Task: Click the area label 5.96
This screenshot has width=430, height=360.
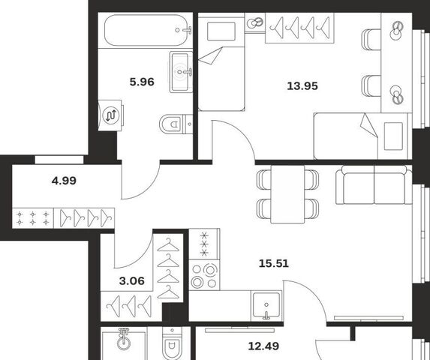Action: tap(142, 82)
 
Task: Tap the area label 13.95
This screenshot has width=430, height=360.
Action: tap(302, 86)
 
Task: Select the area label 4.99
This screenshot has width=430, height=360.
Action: tap(64, 181)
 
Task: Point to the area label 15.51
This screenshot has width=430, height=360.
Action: tap(274, 263)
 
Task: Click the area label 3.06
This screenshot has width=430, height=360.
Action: tap(131, 280)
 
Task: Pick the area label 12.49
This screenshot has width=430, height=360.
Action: tap(263, 346)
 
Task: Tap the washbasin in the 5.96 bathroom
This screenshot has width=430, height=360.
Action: tap(181, 72)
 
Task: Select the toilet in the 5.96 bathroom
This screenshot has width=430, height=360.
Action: tap(176, 124)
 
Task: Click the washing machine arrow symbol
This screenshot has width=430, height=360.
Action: tap(111, 115)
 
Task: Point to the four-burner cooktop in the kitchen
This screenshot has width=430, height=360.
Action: tap(204, 274)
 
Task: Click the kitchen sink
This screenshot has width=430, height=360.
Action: tap(266, 306)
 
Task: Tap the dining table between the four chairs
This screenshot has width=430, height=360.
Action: tap(287, 194)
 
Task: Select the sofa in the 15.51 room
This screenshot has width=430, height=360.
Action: tap(374, 185)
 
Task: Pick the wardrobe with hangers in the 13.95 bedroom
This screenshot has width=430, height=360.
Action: tap(299, 28)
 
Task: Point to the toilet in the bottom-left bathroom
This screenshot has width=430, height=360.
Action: tap(172, 343)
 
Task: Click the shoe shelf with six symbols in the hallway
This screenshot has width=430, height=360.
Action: tap(33, 218)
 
